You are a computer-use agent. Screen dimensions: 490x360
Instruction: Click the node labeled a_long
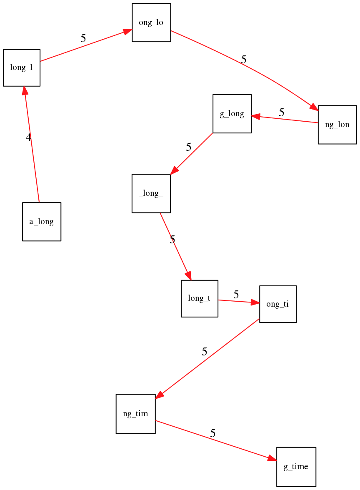point(42,222)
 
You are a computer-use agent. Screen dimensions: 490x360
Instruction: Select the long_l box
point(22,68)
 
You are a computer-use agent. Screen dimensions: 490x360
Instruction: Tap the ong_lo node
point(151,22)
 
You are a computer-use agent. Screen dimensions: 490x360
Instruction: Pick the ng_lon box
point(337,125)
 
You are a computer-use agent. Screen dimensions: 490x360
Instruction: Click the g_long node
point(232,114)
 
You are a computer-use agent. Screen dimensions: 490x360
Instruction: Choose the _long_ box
point(151,193)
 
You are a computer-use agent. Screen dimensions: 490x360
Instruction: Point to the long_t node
point(200,298)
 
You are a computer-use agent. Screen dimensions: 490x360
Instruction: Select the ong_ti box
point(278,304)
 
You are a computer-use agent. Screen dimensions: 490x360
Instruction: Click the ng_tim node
point(135,414)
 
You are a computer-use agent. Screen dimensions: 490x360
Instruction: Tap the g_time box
point(296,467)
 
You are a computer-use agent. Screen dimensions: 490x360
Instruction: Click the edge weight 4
point(28,138)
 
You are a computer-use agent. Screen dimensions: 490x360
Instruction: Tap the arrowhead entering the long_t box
point(189,276)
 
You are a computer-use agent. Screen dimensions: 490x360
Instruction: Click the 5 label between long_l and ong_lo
point(83,38)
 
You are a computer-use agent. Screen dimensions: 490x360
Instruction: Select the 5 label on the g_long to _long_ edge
point(189,147)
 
